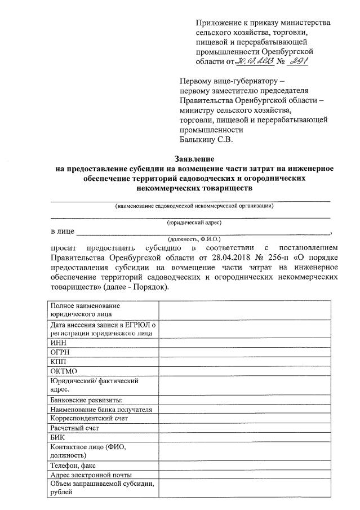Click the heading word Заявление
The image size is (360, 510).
coord(193,159)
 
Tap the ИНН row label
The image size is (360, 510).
coord(59,343)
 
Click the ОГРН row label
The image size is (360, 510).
coord(61,352)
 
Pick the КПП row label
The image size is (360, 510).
coord(59,362)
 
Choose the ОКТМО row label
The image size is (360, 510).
coord(64,371)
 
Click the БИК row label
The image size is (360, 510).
coord(59,437)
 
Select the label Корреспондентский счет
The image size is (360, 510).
coord(89,418)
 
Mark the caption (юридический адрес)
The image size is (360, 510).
coord(194,224)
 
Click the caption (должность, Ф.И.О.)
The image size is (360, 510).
coord(194,239)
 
